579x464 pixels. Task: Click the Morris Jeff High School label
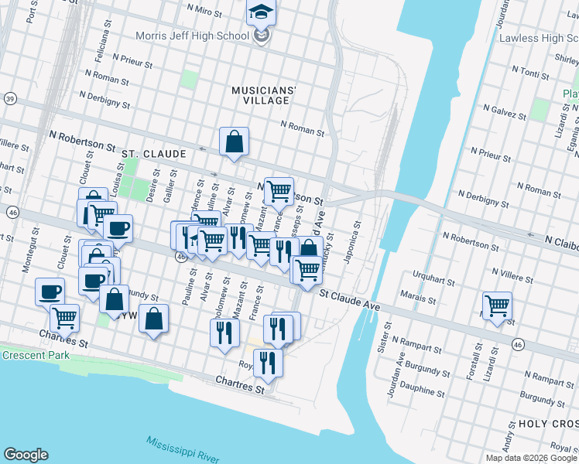[192, 36]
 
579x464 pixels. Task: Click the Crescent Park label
[35, 355]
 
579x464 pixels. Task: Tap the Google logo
[26, 455]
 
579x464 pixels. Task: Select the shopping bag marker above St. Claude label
[234, 142]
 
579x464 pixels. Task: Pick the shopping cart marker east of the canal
[497, 305]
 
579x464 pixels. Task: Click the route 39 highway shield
[10, 98]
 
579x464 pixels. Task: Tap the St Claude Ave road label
[350, 299]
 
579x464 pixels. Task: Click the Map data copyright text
[532, 458]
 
